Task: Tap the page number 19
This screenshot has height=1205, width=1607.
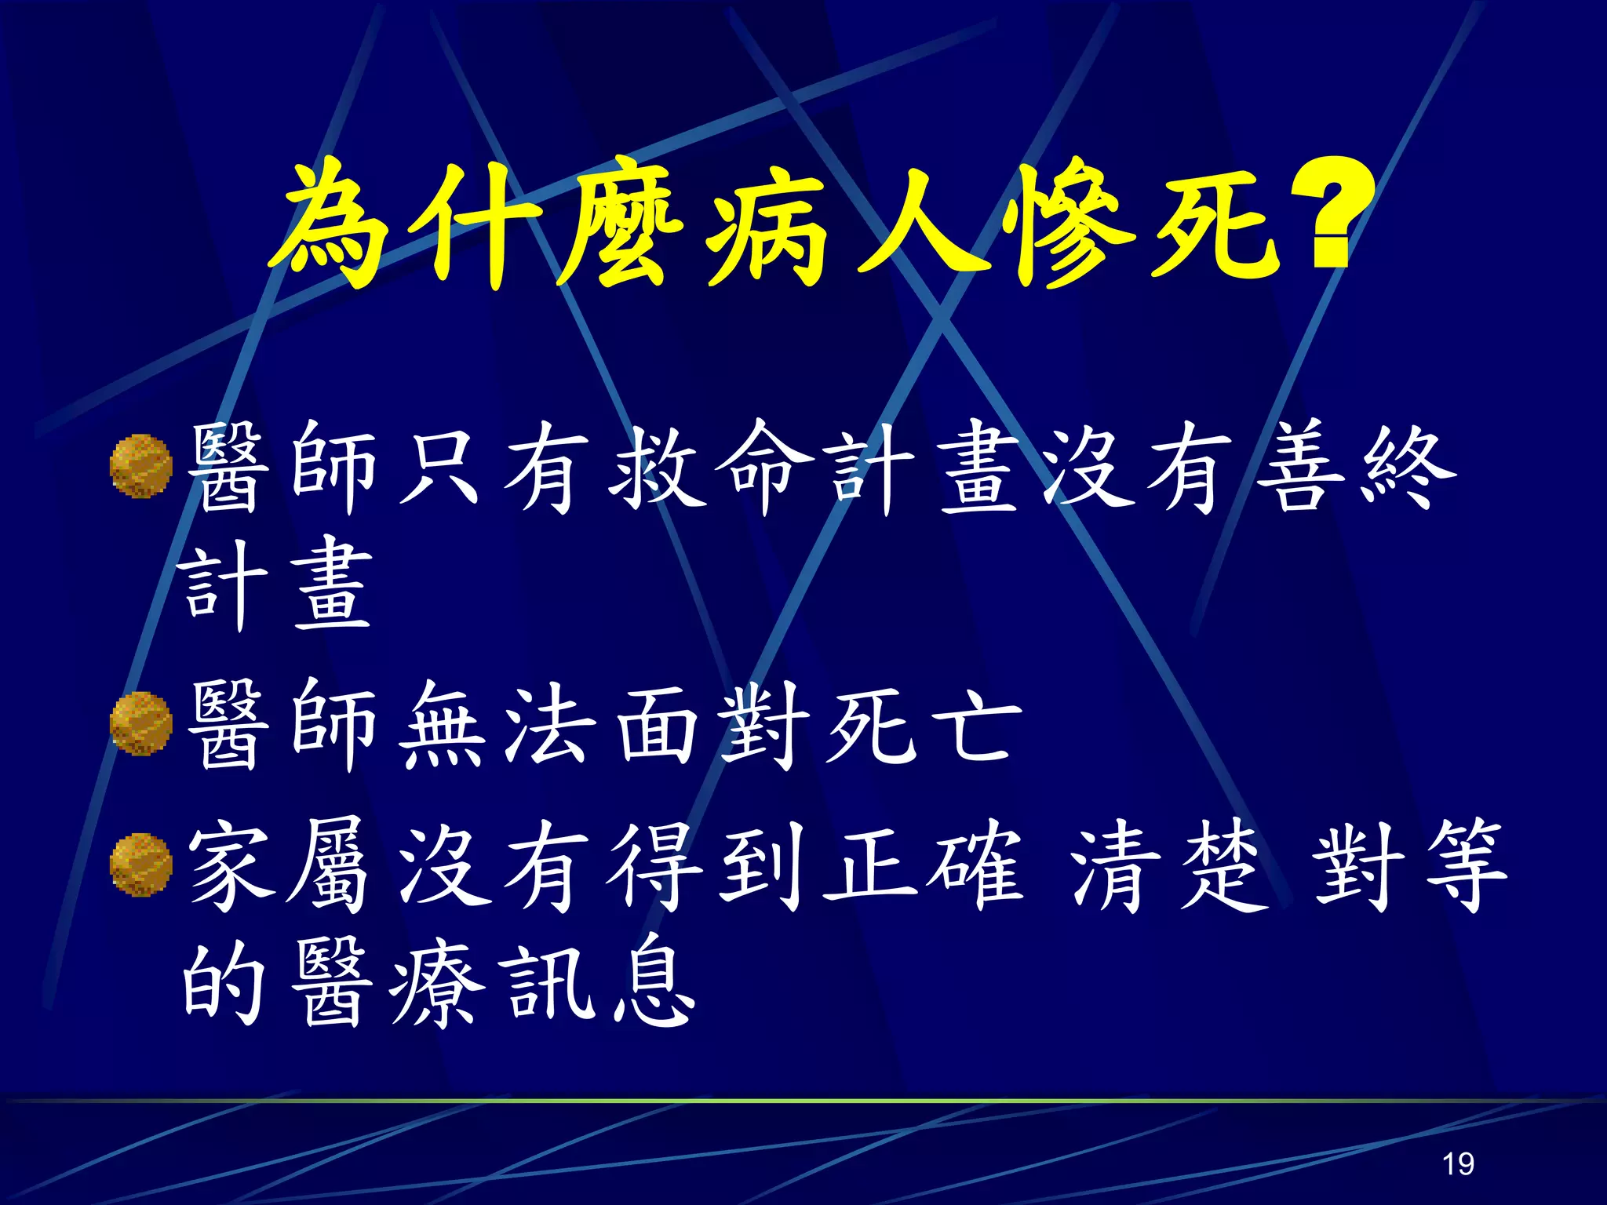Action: pyautogui.click(x=1458, y=1163)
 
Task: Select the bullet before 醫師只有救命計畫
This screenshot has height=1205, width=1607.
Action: pyautogui.click(x=141, y=466)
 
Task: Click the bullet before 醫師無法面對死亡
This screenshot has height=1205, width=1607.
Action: pyautogui.click(x=141, y=723)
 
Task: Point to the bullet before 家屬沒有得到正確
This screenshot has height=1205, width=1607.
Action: pyautogui.click(x=141, y=865)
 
